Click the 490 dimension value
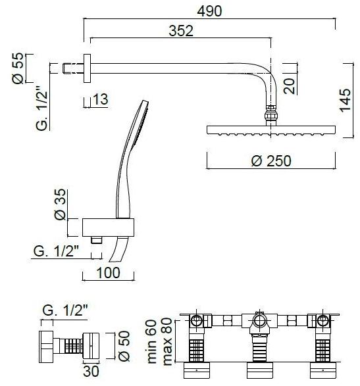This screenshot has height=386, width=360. [209, 11]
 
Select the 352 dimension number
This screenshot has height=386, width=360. [181, 32]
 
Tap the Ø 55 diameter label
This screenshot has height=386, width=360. [18, 68]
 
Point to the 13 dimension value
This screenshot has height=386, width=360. [101, 99]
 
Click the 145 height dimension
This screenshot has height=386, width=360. [345, 100]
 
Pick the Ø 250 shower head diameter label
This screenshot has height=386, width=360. [271, 160]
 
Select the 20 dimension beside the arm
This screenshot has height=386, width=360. [289, 86]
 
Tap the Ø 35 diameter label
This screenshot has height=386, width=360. [61, 204]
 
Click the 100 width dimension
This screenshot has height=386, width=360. [108, 273]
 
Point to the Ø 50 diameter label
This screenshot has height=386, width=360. [124, 346]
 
